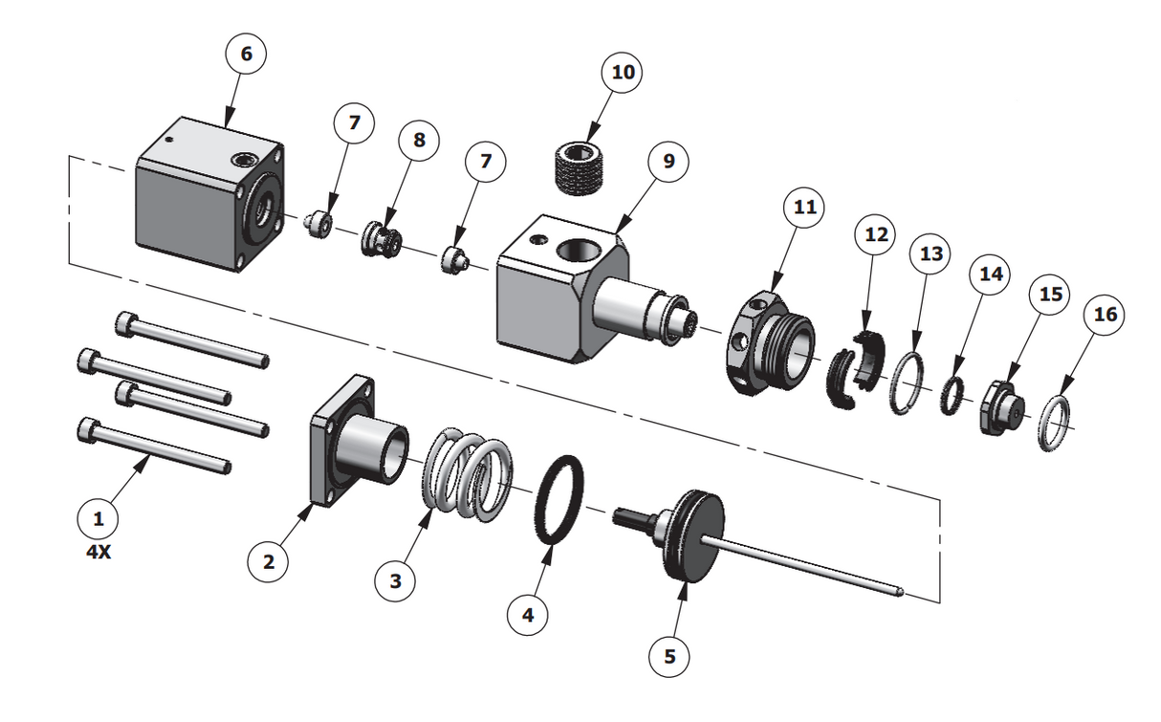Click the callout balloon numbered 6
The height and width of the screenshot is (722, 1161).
tap(246, 55)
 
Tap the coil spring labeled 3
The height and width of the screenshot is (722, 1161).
tap(463, 475)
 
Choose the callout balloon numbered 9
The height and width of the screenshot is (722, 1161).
tap(668, 161)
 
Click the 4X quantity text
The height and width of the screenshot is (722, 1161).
tap(99, 552)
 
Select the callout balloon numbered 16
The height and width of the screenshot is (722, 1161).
tap(1105, 316)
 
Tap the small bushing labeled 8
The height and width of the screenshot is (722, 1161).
tap(382, 240)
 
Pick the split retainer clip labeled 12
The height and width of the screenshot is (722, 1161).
tap(852, 372)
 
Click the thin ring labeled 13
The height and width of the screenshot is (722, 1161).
tap(906, 383)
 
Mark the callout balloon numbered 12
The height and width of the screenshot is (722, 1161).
tap(877, 234)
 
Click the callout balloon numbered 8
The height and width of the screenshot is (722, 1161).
tap(419, 139)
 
